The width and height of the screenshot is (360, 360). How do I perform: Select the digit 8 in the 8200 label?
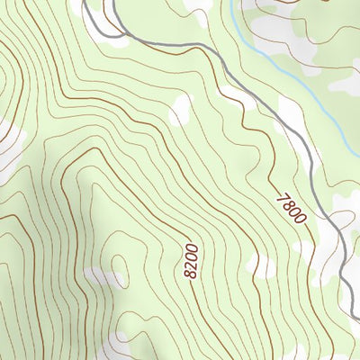pyautogui.click(x=191, y=273)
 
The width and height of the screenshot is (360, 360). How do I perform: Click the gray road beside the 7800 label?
pyautogui.click(x=319, y=193)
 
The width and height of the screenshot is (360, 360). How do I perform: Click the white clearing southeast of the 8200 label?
pyautogui.click(x=261, y=265)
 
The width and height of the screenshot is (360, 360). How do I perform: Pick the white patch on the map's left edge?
pyautogui.click(x=7, y=148)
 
